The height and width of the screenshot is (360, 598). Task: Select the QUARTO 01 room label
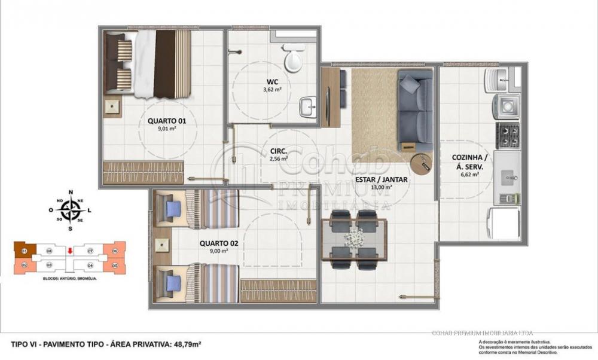tap(167, 121)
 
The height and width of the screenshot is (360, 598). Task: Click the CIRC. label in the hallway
tap(278, 151)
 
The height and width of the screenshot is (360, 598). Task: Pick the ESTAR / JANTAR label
tap(382, 179)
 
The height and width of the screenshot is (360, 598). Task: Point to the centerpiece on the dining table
tap(353, 237)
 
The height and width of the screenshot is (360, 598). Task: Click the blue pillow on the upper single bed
tap(173, 209)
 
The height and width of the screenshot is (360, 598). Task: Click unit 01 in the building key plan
tap(25, 251)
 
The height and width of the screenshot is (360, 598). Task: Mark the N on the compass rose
tap(71, 192)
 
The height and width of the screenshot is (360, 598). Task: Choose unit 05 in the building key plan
tap(114, 264)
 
